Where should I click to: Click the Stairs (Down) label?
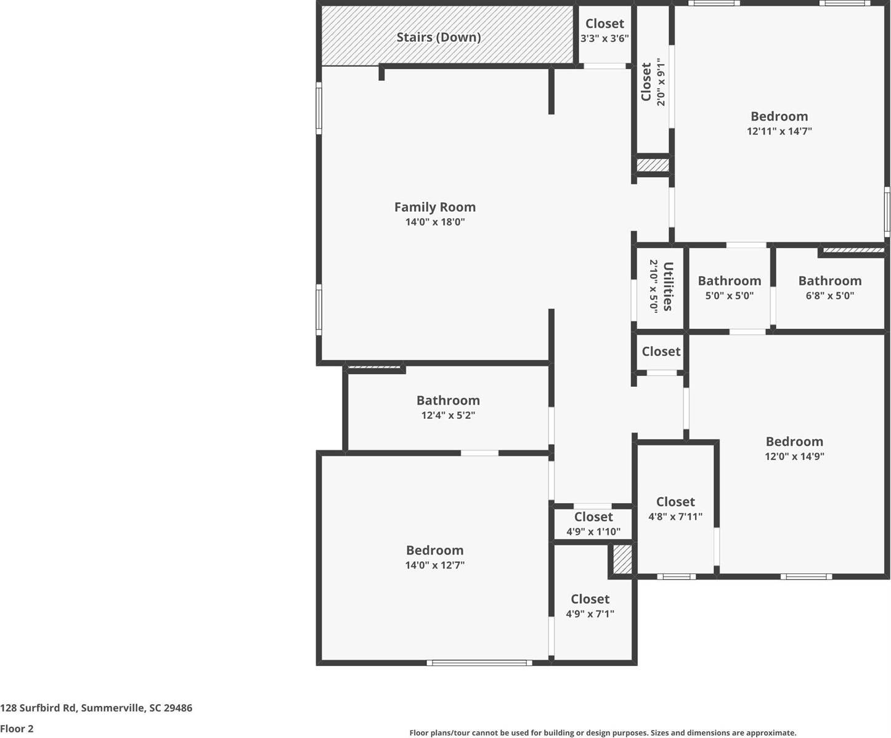click(x=438, y=37)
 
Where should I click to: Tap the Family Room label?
click(x=434, y=207)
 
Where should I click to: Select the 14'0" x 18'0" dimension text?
click(x=434, y=222)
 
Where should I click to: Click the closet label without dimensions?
click(x=661, y=351)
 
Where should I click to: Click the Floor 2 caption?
click(x=17, y=729)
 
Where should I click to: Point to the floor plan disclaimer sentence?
click(x=602, y=732)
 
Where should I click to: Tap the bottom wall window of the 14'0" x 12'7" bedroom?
click(x=479, y=663)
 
